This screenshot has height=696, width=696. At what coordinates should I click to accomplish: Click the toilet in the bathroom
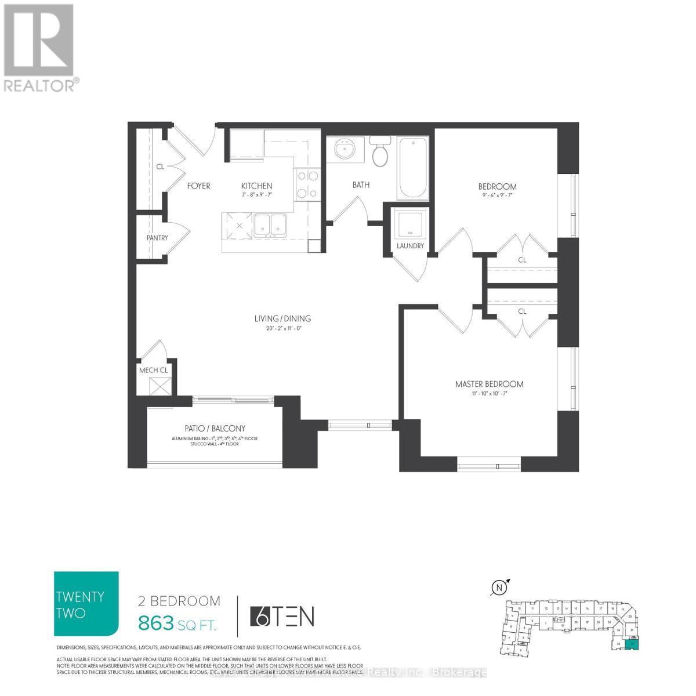click(x=380, y=153)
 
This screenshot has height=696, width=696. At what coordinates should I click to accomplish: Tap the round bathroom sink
click(x=345, y=150)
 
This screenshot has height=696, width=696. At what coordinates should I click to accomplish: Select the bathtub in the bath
click(x=413, y=168)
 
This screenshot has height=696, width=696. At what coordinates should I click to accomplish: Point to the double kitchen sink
click(x=271, y=224)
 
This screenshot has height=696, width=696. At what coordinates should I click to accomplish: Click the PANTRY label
click(x=157, y=238)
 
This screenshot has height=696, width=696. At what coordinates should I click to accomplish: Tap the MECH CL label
click(x=153, y=371)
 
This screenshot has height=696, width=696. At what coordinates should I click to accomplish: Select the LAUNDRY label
click(x=411, y=246)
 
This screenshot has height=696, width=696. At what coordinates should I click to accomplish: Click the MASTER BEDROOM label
click(x=489, y=384)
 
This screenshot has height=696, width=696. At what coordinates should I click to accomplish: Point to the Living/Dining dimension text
click(x=282, y=328)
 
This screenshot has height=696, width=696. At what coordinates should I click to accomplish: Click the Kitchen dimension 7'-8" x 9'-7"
click(x=256, y=195)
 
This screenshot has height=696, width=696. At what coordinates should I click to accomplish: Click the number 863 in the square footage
click(x=156, y=623)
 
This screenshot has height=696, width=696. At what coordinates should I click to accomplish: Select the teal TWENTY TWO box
click(x=86, y=604)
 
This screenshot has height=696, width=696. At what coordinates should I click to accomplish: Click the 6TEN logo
click(x=282, y=617)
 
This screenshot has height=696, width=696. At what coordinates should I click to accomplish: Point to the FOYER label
click(x=198, y=186)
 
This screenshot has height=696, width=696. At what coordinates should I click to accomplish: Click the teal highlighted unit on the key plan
click(x=633, y=643)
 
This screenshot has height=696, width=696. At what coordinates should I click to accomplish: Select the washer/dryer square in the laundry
click(x=411, y=223)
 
